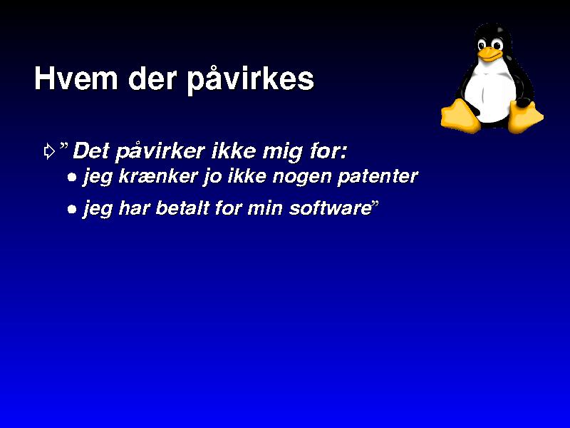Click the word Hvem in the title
pyautogui.click(x=76, y=78)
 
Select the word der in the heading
pyautogui.click(x=152, y=78)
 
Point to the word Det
pyautogui.click(x=91, y=151)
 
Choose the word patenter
pyautogui.click(x=378, y=177)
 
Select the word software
pyautogui.click(x=330, y=208)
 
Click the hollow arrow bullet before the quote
pyautogui.click(x=49, y=151)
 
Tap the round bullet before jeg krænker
pyautogui.click(x=72, y=178)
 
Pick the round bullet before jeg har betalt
pyautogui.click(x=72, y=210)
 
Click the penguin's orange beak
pyautogui.click(x=489, y=54)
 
